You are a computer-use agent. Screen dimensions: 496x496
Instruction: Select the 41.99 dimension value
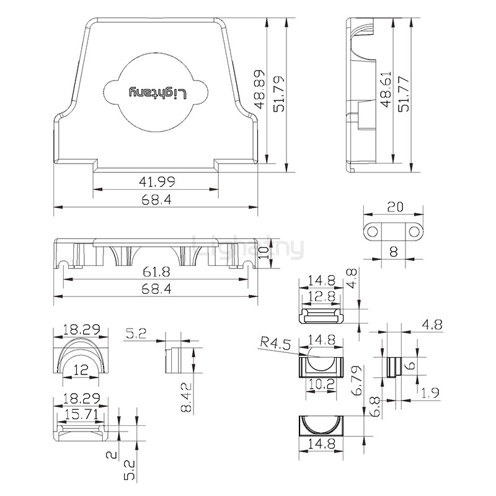click(157, 182)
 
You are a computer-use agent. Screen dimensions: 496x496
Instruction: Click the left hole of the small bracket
click(373, 232)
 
